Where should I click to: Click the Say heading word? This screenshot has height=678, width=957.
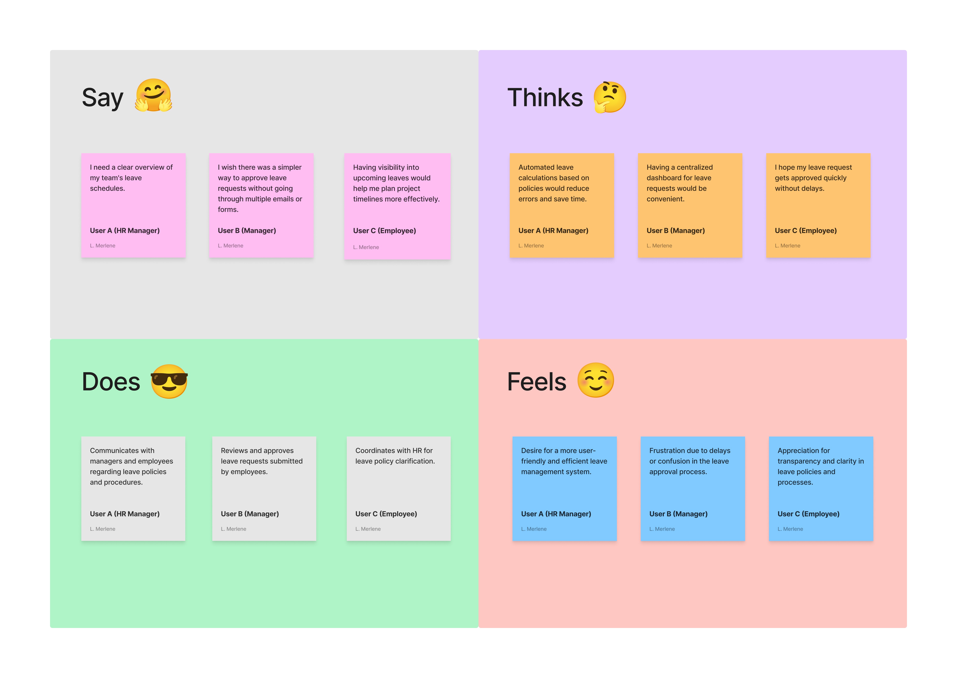pyautogui.click(x=103, y=98)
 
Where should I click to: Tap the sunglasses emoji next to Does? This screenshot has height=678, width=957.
pyautogui.click(x=169, y=381)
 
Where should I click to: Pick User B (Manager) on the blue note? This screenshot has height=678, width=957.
pyautogui.click(x=678, y=514)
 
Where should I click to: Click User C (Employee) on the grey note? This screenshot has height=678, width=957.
pyautogui.click(x=386, y=514)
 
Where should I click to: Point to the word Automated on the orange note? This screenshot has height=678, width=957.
pyautogui.click(x=546, y=167)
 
